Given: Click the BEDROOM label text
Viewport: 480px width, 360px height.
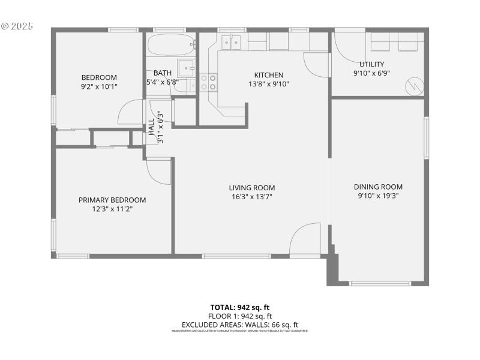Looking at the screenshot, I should (x=99, y=77).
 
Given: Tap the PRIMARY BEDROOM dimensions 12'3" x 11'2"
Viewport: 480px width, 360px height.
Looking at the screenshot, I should (x=112, y=209).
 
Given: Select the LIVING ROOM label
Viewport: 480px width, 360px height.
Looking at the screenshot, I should (x=252, y=187).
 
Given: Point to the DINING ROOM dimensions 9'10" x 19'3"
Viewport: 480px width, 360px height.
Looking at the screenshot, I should (x=378, y=196).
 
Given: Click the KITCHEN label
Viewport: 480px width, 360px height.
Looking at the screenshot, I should (x=268, y=75).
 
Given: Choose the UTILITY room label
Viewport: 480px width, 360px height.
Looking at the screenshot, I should (x=371, y=64).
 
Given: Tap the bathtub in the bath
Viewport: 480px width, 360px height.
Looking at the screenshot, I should (x=172, y=44).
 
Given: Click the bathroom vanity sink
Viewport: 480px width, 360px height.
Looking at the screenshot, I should (x=185, y=67).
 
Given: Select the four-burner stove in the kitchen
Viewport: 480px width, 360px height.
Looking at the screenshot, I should (x=208, y=82).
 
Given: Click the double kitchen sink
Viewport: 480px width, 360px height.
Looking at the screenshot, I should (x=232, y=41).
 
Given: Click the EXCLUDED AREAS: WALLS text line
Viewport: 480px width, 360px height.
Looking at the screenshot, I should (x=239, y=325).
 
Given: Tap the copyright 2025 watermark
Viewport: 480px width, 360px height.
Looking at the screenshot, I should (x=17, y=26).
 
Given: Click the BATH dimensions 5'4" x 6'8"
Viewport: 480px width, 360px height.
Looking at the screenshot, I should (x=163, y=82).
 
